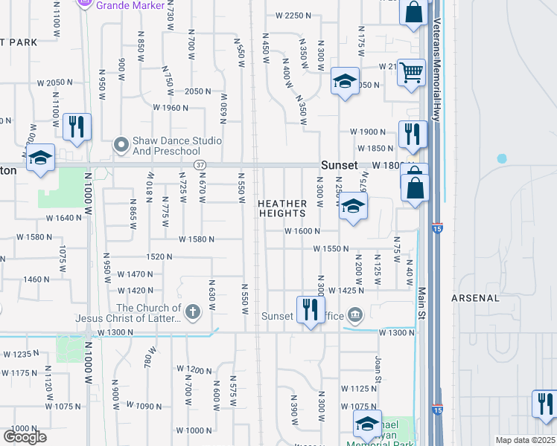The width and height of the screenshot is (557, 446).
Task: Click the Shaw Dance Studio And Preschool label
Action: (176, 146)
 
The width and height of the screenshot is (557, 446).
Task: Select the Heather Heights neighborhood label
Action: (282, 208)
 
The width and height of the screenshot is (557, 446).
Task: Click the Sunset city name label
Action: (340, 165)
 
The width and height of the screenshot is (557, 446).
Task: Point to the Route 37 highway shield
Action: (198, 164)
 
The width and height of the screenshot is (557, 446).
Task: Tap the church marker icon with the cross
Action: (193, 312)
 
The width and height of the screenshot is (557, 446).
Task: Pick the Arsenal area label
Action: (474, 298)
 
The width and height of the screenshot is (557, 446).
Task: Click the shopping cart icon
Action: (411, 72)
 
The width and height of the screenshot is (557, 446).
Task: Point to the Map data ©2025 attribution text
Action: (525, 440)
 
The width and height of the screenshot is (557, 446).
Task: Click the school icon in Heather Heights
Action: (354, 207)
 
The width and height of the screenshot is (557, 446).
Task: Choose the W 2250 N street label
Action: (292, 15)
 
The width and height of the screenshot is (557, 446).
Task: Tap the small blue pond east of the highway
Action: (502, 158)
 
